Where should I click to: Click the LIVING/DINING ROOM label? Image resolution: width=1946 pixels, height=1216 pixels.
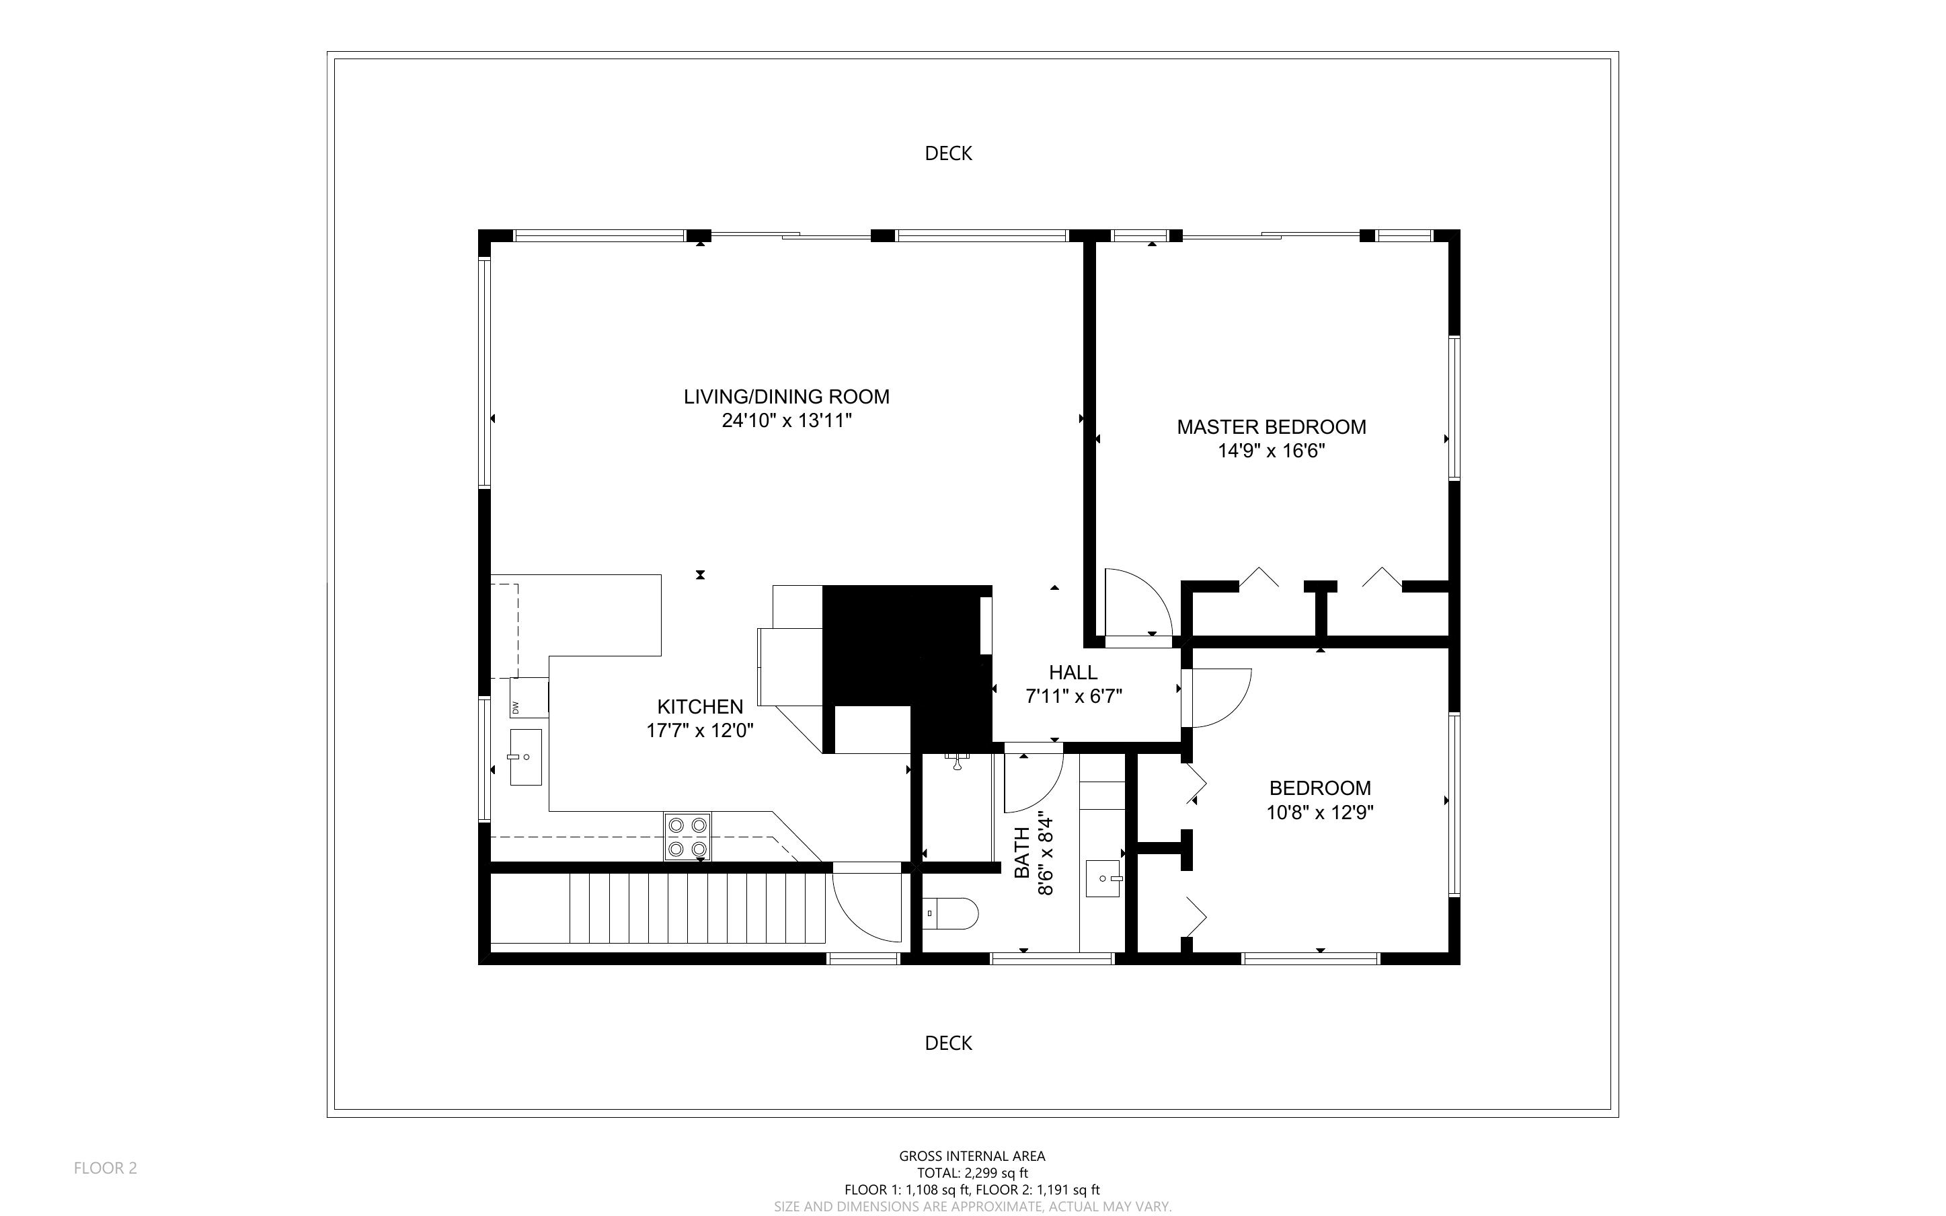coord(786,397)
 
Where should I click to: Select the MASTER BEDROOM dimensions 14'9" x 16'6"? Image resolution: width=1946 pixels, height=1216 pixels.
coord(1271,451)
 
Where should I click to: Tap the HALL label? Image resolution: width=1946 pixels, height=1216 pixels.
coord(1073,673)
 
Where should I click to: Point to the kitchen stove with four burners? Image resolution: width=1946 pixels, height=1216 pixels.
coord(687,837)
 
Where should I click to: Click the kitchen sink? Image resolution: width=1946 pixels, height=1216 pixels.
coord(525,757)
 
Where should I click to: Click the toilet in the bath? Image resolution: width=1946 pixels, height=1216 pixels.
coord(951,913)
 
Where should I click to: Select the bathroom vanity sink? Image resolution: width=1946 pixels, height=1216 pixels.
coord(1102,878)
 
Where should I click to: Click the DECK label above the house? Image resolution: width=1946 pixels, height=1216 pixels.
coord(949,153)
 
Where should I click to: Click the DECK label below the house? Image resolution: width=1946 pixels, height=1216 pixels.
coord(949,1043)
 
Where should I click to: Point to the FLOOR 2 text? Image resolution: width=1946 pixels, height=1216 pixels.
coord(106,1168)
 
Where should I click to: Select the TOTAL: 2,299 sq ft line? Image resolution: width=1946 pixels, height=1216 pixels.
coord(972,1172)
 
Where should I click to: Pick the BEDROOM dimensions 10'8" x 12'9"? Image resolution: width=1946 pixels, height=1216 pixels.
coord(1319,813)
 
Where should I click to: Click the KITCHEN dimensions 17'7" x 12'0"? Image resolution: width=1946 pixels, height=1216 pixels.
coord(699,731)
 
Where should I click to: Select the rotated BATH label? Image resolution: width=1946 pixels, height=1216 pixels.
coord(1021,853)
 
